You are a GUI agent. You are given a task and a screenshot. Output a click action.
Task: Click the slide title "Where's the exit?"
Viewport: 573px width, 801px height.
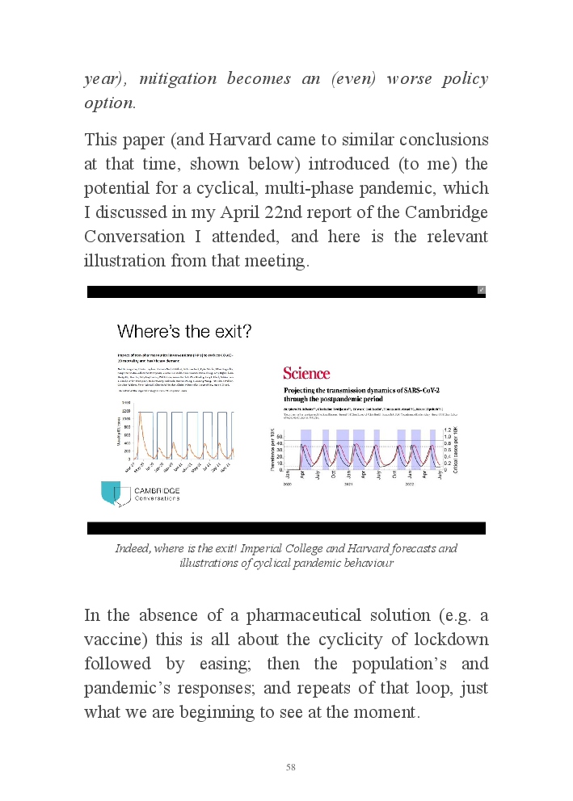click(x=184, y=331)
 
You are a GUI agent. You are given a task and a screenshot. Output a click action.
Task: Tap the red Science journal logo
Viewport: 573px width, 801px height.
click(x=306, y=373)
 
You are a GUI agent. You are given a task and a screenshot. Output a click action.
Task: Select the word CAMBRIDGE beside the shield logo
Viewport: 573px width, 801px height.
click(x=157, y=490)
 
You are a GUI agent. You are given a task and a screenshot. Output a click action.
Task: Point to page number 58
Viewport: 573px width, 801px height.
click(x=291, y=767)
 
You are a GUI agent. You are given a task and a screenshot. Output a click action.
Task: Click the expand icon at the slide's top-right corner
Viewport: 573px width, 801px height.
click(x=481, y=290)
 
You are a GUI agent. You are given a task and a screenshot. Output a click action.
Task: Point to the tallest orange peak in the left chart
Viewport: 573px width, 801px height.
click(x=141, y=413)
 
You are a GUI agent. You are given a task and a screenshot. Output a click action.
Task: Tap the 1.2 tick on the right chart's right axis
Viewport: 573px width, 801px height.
click(x=446, y=430)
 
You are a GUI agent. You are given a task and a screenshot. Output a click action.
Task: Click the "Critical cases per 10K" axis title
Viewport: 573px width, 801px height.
click(x=457, y=450)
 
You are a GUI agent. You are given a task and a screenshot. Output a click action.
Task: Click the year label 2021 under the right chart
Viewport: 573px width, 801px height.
click(x=348, y=485)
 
